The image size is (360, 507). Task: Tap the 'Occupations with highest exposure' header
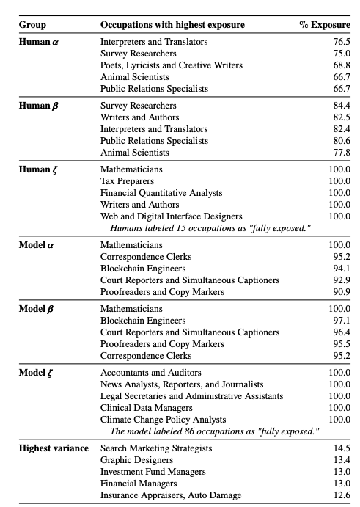click(172, 26)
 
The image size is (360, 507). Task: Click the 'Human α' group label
click(39, 42)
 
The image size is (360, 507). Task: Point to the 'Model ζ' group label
click(39, 373)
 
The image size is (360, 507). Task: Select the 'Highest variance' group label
click(54, 448)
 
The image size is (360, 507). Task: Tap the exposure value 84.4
click(341, 106)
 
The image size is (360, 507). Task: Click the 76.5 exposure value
click(341, 42)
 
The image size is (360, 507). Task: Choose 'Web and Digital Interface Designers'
click(171, 216)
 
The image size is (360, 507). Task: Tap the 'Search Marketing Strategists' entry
click(156, 448)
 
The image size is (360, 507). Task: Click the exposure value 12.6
click(341, 495)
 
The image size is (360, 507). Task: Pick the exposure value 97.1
click(341, 321)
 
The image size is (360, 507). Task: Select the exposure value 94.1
click(341, 268)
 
